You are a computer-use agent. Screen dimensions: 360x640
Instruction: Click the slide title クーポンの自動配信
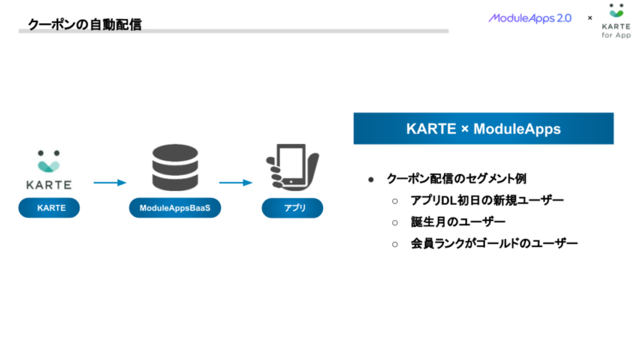tap(84, 25)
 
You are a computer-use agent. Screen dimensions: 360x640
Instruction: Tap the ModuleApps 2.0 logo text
tap(529, 18)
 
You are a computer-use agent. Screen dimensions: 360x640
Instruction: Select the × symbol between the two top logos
tap(589, 18)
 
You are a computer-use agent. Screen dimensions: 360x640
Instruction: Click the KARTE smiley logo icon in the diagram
tap(49, 160)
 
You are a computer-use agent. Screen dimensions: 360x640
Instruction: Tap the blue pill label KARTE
tap(49, 208)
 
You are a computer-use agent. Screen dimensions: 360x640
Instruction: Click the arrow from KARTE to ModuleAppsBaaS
tap(110, 183)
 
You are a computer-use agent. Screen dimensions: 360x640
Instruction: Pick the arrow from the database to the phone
tap(234, 183)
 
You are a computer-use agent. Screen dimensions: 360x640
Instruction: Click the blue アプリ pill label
tap(292, 208)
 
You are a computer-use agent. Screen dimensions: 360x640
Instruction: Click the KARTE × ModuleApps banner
tap(483, 129)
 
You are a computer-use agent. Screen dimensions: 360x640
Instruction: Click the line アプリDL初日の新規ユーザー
tap(487, 201)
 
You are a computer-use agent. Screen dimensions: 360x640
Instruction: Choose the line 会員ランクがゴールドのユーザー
tap(494, 243)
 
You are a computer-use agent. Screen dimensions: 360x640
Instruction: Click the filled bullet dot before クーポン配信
tap(371, 180)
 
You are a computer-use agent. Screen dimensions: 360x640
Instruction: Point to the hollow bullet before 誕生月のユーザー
tap(395, 223)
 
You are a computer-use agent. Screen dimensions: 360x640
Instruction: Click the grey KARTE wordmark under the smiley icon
tap(49, 183)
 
